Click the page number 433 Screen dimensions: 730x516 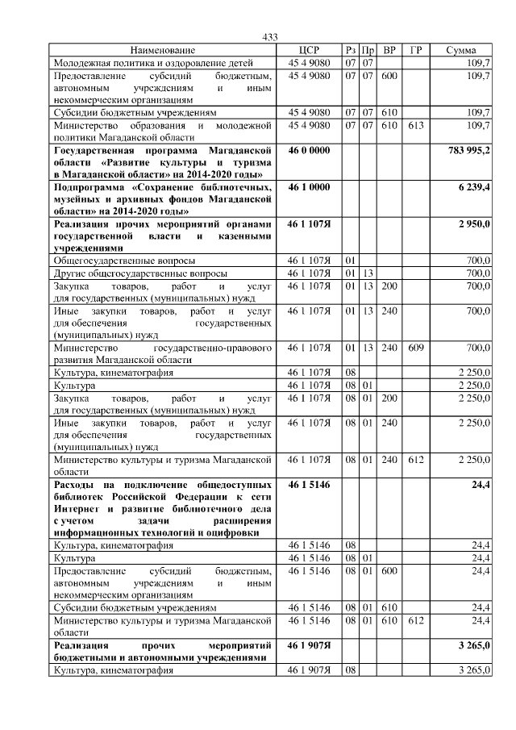click(x=270, y=37)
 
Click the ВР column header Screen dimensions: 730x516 click(x=389, y=50)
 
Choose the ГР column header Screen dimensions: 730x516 click(x=415, y=50)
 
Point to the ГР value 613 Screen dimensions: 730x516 click(x=415, y=126)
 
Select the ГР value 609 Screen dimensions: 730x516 click(x=415, y=348)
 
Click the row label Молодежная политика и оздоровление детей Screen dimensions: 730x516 click(x=153, y=62)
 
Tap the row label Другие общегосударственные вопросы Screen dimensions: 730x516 click(x=140, y=273)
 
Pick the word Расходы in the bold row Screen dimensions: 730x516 click(x=76, y=485)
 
